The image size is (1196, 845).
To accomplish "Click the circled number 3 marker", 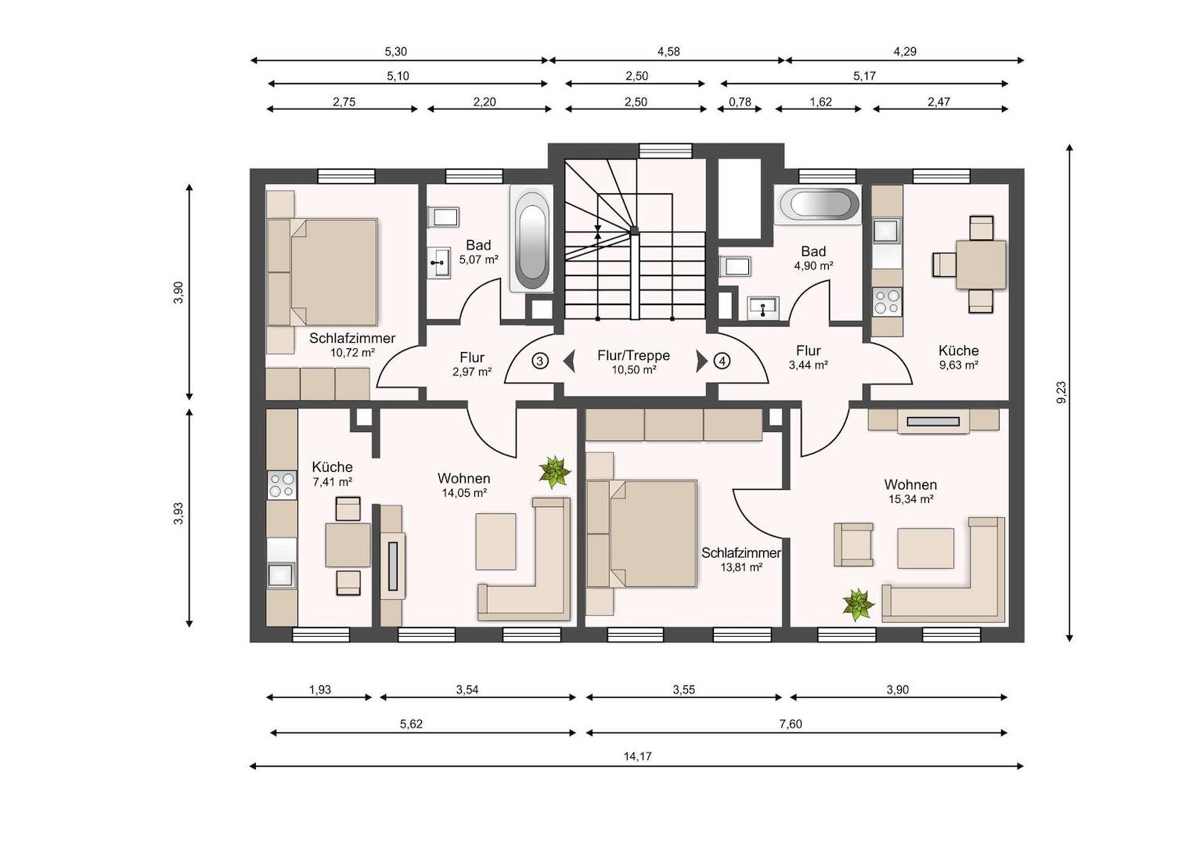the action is tap(540, 361).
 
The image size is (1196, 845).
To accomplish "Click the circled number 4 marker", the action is tap(722, 361).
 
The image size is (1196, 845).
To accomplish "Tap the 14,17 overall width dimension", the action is tap(637, 756).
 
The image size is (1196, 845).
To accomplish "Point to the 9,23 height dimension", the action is tap(1061, 392).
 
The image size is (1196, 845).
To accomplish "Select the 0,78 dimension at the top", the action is tap(740, 102).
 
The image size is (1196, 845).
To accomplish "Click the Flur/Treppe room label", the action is tap(634, 355).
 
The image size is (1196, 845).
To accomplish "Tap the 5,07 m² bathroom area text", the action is tap(479, 260).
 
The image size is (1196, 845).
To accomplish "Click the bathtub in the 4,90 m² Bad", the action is tap(817, 204).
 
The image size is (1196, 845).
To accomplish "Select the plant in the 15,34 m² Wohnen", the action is tap(859, 605).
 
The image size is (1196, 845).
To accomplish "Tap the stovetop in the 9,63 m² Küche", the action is tap(887, 301).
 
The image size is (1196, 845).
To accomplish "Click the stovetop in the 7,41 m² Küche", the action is tap(282, 484).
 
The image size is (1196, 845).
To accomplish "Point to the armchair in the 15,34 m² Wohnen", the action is tap(853, 544).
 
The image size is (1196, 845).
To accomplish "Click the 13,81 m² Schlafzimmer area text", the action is tap(741, 567).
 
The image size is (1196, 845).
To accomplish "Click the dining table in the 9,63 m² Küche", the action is tap(981, 264).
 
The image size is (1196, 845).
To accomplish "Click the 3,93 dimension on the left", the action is tap(178, 513).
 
